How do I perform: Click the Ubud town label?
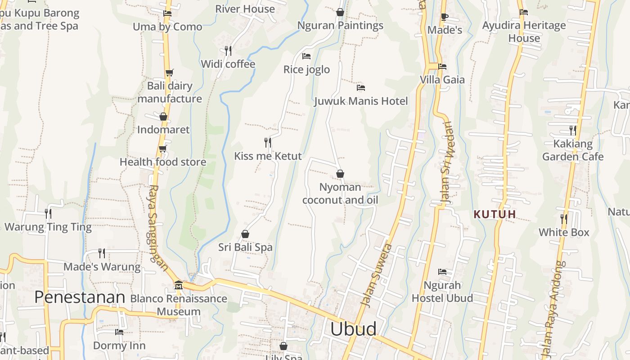click(x=353, y=329)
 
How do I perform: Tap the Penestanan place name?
click(x=80, y=297)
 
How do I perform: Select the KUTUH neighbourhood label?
click(x=495, y=214)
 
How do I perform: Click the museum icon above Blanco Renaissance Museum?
click(x=179, y=285)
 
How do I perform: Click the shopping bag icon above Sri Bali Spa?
click(x=245, y=234)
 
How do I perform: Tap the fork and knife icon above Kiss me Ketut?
click(x=268, y=143)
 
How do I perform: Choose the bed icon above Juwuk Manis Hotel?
click(x=361, y=87)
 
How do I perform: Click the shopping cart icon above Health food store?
click(x=162, y=148)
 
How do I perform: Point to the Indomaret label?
click(x=163, y=130)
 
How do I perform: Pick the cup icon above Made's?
click(x=445, y=17)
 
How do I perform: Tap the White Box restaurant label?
click(x=564, y=232)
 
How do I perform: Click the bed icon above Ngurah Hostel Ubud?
click(x=442, y=272)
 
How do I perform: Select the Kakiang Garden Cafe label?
click(x=573, y=150)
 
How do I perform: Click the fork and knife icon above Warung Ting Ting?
click(x=48, y=213)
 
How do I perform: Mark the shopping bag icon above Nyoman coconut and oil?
click(x=340, y=174)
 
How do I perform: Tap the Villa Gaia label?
click(x=442, y=80)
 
